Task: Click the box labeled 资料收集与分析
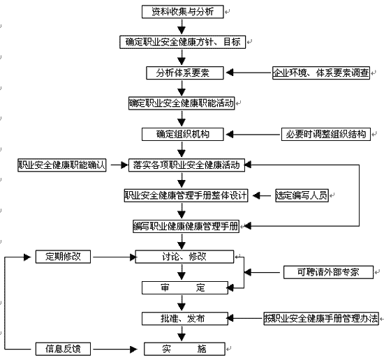pos(183,12)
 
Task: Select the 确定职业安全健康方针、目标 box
pos(183,42)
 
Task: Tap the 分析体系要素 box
pos(185,73)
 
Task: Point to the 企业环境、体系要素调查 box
pos(321,73)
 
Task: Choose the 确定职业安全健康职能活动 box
pos(182,103)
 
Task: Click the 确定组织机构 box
pos(183,134)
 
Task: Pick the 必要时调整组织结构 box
pos(326,134)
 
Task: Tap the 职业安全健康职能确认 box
pos(62,165)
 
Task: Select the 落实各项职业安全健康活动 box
pos(186,165)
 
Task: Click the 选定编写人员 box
pos(302,195)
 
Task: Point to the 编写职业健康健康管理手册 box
pos(186,226)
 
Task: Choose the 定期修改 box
pos(63,257)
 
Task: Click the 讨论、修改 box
pos(184,257)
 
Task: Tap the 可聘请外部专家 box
pos(328,272)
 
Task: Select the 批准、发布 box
pos(185,319)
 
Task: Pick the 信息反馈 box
pos(63,349)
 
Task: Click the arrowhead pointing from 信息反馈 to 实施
pos(134,350)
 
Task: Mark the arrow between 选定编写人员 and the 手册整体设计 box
pos(262,196)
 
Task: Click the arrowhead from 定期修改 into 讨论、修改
pos(133,257)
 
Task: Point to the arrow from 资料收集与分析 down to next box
pos(182,27)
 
